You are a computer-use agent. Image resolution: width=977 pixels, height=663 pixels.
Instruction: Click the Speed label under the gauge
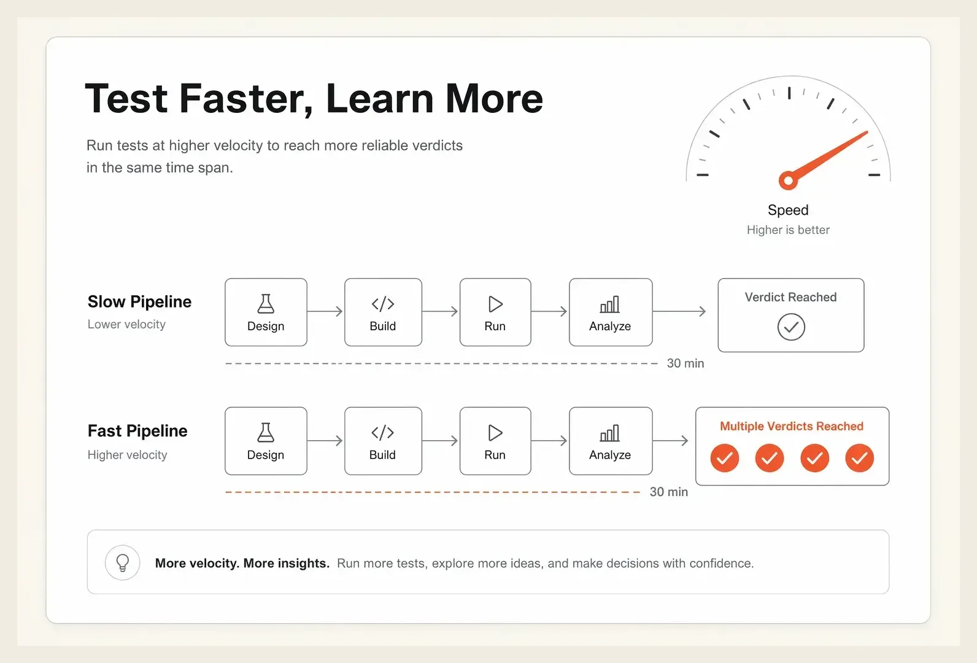pyautogui.click(x=788, y=210)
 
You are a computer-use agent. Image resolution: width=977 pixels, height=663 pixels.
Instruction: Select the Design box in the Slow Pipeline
pyautogui.click(x=266, y=312)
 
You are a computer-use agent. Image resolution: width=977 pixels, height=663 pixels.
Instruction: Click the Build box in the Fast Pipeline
pyautogui.click(x=383, y=441)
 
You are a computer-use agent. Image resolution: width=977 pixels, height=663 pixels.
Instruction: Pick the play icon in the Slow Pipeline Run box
pyautogui.click(x=495, y=304)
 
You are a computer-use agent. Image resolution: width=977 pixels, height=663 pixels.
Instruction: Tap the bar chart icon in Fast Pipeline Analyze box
pyautogui.click(x=610, y=433)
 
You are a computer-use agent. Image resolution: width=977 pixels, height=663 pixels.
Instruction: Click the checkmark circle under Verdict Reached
pyautogui.click(x=791, y=327)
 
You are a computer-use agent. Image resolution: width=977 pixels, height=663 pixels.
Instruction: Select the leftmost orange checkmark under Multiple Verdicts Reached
pyautogui.click(x=724, y=458)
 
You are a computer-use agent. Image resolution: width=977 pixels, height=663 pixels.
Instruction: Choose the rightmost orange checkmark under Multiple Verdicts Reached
pyautogui.click(x=859, y=458)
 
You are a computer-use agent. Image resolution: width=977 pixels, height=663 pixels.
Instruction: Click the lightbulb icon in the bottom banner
pyautogui.click(x=123, y=563)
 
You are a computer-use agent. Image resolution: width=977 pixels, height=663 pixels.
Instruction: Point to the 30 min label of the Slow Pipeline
pyautogui.click(x=685, y=363)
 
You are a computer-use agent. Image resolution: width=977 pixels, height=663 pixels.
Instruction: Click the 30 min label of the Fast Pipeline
pyautogui.click(x=669, y=492)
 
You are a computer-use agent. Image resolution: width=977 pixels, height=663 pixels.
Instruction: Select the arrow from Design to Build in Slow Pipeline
pyautogui.click(x=325, y=311)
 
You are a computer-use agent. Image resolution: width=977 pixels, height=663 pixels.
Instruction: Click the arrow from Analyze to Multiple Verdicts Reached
pyautogui.click(x=670, y=441)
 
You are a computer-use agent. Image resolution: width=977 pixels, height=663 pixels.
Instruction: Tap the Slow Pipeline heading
pyautogui.click(x=139, y=302)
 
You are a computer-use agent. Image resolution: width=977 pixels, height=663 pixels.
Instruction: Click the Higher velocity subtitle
pyautogui.click(x=128, y=455)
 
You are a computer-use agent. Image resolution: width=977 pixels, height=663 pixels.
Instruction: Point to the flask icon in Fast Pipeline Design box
pyautogui.click(x=266, y=432)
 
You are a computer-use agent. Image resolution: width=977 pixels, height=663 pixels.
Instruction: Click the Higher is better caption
pyautogui.click(x=788, y=230)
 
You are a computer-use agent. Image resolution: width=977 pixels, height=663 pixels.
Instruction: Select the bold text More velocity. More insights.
pyautogui.click(x=242, y=563)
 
